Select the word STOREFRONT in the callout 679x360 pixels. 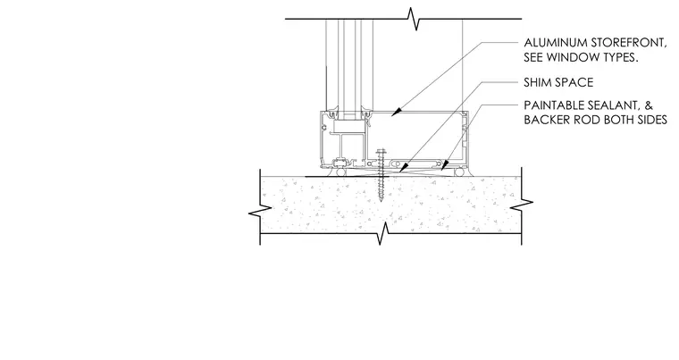pyautogui.click(x=628, y=43)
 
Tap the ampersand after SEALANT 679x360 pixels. pyautogui.click(x=649, y=105)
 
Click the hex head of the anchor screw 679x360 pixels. pyautogui.click(x=381, y=152)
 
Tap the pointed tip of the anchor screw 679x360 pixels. pyautogui.click(x=381, y=202)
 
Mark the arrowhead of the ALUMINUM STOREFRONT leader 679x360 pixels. pyautogui.click(x=395, y=113)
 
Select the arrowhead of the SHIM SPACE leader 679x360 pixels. pyautogui.click(x=402, y=169)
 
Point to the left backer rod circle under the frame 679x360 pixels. pyautogui.click(x=339, y=172)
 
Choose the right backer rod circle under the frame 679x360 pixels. pyautogui.click(x=458, y=172)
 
